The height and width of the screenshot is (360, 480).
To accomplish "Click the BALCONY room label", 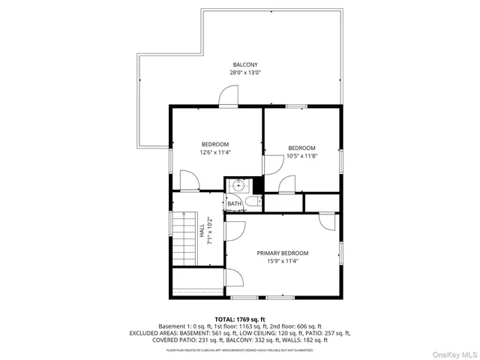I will click(240, 64).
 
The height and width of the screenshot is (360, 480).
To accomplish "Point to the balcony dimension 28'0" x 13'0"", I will click(240, 73).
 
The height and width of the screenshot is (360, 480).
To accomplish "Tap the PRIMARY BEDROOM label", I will click(282, 253).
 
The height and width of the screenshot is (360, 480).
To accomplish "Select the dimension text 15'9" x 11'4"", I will click(282, 262).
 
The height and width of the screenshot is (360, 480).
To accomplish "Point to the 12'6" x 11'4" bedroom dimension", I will click(214, 152).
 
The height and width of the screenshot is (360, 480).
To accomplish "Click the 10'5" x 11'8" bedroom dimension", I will click(301, 156).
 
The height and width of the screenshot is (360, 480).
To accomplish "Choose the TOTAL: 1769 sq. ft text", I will click(240, 319).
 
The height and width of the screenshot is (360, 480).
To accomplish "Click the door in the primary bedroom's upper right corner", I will click(327, 221).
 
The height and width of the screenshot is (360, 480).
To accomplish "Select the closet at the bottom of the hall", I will click(197, 283).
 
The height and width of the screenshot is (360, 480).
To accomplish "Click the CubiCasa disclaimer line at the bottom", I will click(240, 349).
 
